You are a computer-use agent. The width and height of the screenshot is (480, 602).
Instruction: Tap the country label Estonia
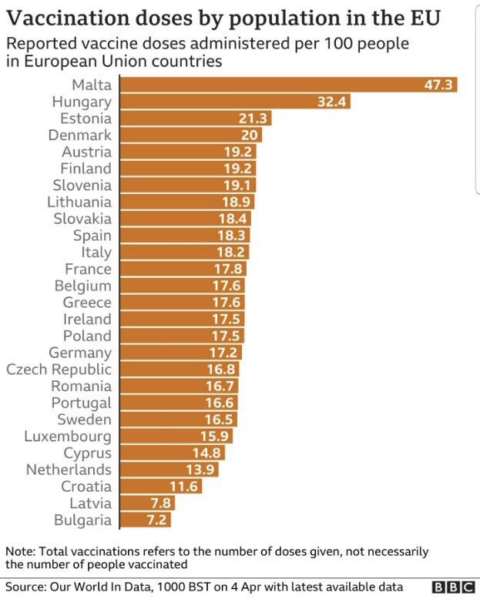[x=86, y=119]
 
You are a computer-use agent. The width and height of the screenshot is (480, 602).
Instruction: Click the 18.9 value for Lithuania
[x=237, y=202]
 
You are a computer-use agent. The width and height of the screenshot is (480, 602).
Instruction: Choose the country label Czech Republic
[x=59, y=370]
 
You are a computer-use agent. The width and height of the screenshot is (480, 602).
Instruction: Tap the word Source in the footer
[x=27, y=587]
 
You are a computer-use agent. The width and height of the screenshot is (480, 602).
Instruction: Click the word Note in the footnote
[x=20, y=552]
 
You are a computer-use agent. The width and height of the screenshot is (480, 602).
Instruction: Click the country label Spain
[x=92, y=236]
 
